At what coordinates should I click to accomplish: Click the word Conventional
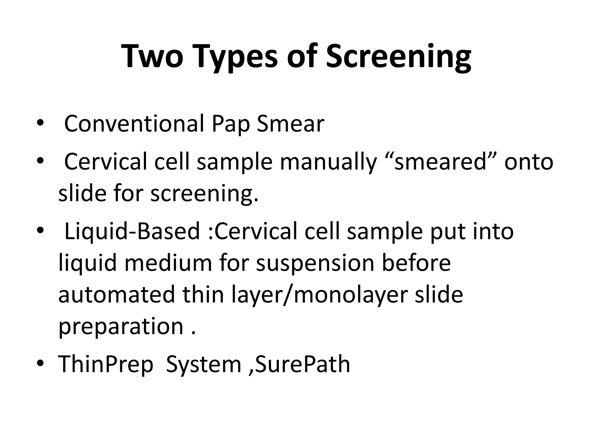(x=134, y=124)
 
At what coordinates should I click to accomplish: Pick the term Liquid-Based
(x=132, y=231)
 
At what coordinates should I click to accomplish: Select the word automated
(x=116, y=294)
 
